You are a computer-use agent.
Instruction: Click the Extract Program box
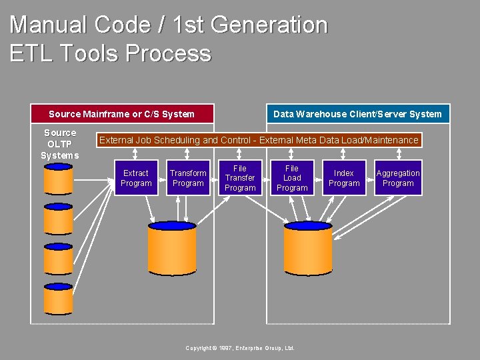[136, 178]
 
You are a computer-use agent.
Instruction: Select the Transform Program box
[188, 178]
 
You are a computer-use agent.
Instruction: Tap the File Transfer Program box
[240, 178]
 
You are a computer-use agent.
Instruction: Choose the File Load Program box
[292, 178]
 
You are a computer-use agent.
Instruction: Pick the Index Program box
[344, 178]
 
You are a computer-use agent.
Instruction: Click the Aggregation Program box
[398, 178]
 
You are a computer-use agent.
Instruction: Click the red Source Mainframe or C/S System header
[122, 114]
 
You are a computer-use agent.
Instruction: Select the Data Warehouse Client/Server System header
[358, 114]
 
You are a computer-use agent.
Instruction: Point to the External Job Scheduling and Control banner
[259, 140]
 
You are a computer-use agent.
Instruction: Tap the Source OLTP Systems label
[60, 144]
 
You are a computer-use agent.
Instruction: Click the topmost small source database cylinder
[58, 180]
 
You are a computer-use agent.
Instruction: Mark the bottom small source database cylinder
[58, 299]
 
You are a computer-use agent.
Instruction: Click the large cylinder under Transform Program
[172, 248]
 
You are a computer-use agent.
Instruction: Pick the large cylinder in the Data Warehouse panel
[308, 248]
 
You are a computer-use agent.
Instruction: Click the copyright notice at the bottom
[240, 349]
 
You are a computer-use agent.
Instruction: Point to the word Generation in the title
[270, 25]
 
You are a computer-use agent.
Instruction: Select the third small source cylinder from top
[58, 259]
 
